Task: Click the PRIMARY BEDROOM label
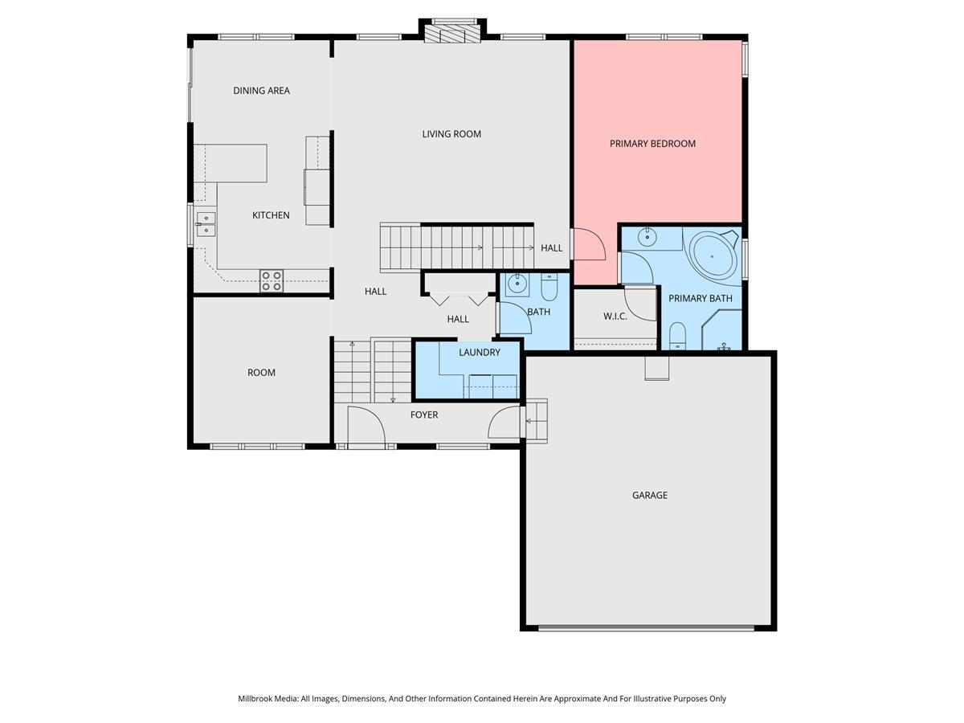[x=652, y=144]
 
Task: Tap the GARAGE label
[x=650, y=495]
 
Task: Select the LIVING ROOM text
[x=451, y=134]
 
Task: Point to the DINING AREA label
[x=261, y=91]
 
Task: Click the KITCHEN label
[x=271, y=215]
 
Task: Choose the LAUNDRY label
[x=479, y=352]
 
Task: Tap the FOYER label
[x=424, y=415]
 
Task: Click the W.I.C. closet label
[x=615, y=316]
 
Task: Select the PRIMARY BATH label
[x=700, y=299]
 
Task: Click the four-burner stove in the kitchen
[x=272, y=281]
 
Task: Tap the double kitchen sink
[x=206, y=224]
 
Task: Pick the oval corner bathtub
[x=713, y=254]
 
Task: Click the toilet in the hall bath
[x=549, y=286]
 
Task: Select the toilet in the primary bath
[x=678, y=336]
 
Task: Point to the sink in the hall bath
[x=518, y=284]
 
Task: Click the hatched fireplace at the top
[x=452, y=34]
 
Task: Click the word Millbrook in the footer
[x=255, y=698]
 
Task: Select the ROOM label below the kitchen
[x=261, y=373]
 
